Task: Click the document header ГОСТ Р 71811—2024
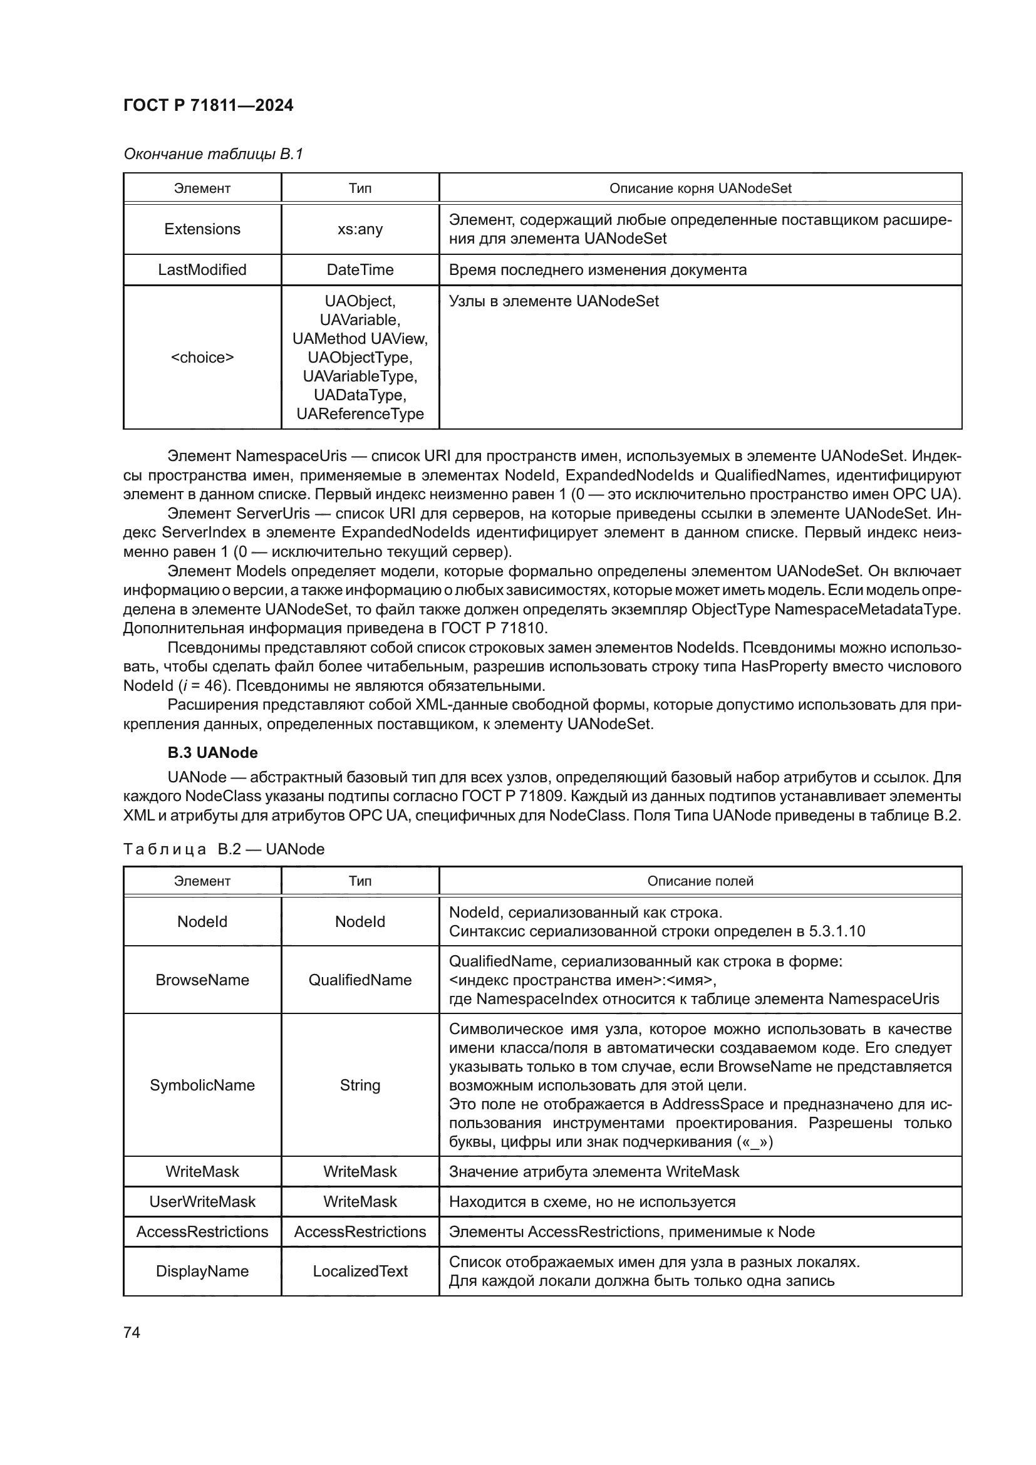point(208,105)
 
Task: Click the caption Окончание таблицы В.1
point(213,154)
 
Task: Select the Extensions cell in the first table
point(202,229)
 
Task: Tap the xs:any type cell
point(360,229)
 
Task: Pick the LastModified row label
point(202,270)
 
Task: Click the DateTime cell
point(360,270)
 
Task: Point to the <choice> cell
point(202,357)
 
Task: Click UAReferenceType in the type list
point(360,414)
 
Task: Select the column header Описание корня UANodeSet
point(700,189)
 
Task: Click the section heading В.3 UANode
point(212,753)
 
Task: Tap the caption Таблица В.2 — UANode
point(224,849)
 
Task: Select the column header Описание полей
point(700,881)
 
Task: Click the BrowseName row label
point(202,980)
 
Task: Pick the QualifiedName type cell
point(360,980)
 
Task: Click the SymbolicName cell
point(202,1085)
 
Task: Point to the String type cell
point(360,1085)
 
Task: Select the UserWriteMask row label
point(202,1202)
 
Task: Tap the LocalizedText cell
point(360,1271)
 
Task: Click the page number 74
point(132,1332)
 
